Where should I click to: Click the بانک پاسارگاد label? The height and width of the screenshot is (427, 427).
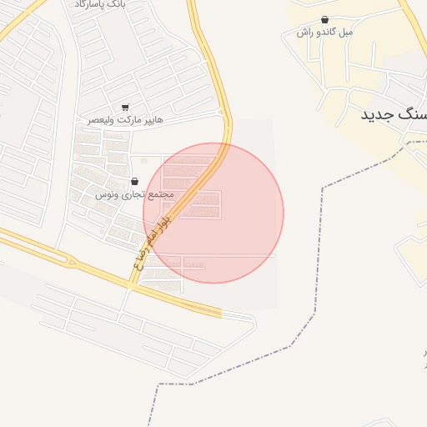tap(100, 4)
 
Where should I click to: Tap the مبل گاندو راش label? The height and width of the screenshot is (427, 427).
tap(325, 33)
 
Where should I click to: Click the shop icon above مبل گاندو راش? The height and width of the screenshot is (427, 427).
tap(324, 19)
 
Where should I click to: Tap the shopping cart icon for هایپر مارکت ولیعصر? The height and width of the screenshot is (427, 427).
tap(126, 107)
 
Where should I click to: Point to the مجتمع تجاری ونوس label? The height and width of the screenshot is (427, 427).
tap(133, 194)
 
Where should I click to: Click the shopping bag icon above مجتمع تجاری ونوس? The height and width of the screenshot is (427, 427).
tap(134, 181)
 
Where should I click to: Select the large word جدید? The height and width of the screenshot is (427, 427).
tap(380, 114)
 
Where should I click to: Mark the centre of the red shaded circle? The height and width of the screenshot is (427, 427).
tap(213, 213)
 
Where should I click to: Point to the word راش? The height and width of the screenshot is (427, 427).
tap(304, 33)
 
